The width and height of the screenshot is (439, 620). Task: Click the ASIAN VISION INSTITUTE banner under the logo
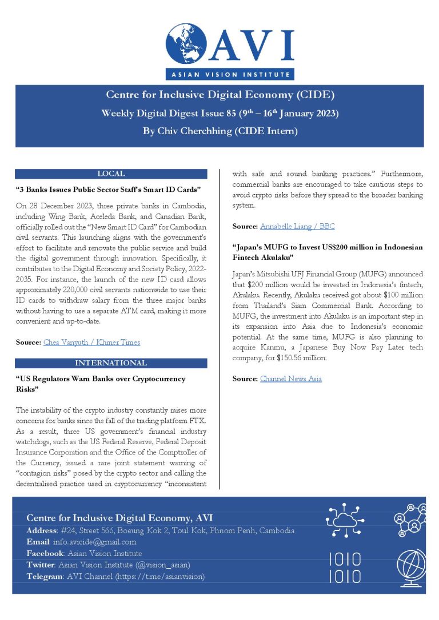pyautogui.click(x=230, y=74)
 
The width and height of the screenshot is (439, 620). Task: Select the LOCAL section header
pyautogui.click(x=111, y=174)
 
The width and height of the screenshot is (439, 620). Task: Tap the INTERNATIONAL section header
pyautogui.click(x=111, y=363)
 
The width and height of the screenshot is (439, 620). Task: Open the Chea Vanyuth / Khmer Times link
pyautogui.click(x=91, y=342)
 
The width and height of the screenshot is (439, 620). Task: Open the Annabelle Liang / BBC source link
pyautogui.click(x=297, y=227)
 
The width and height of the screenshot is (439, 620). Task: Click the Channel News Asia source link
pyautogui.click(x=290, y=379)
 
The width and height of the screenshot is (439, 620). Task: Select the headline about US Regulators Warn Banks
pyautogui.click(x=100, y=384)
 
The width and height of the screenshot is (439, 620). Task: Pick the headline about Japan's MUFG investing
pyautogui.click(x=328, y=252)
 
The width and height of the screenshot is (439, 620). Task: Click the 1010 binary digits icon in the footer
pyautogui.click(x=345, y=567)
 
